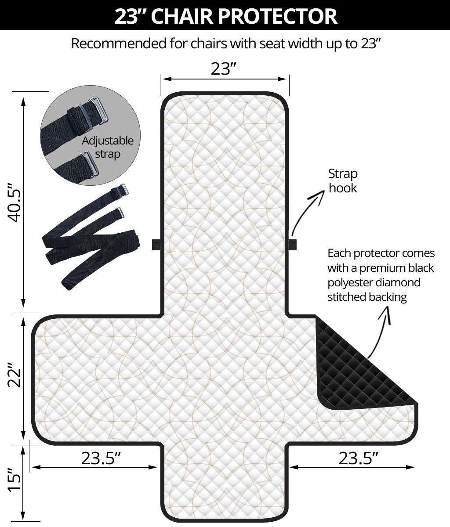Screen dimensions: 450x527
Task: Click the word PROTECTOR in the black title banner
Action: click(278, 16)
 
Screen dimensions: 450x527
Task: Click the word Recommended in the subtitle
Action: click(119, 43)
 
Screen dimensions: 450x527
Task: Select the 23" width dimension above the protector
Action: click(224, 69)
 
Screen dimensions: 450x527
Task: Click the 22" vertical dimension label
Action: click(14, 375)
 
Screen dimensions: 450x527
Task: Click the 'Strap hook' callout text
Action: click(343, 180)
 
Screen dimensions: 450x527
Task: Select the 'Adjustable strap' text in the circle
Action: click(108, 147)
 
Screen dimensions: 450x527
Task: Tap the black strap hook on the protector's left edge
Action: click(156, 245)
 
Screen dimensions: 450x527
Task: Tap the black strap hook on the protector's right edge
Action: click(293, 245)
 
